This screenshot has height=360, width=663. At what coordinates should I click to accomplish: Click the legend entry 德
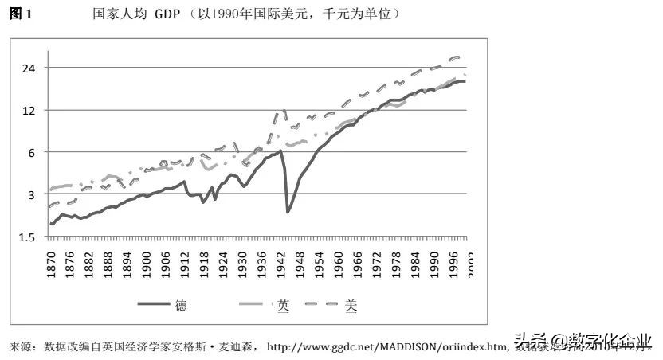pyautogui.click(x=182, y=305)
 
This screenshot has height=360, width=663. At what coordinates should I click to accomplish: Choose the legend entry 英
pyautogui.click(x=283, y=305)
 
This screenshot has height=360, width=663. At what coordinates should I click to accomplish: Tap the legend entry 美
pyautogui.click(x=351, y=305)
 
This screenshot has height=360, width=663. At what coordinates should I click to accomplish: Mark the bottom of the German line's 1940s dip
pyautogui.click(x=288, y=212)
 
